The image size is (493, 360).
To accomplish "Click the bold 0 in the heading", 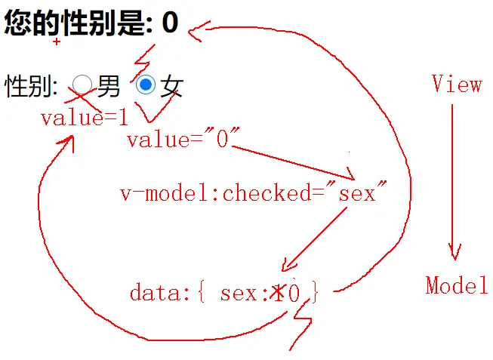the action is click(170, 23).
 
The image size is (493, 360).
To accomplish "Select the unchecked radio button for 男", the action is click(82, 85).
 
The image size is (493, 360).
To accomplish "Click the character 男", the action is click(109, 86).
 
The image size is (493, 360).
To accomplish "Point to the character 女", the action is click(171, 86).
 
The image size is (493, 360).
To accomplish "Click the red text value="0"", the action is click(183, 140).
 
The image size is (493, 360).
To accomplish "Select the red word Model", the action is click(456, 285).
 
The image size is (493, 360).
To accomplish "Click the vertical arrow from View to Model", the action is click(453, 181).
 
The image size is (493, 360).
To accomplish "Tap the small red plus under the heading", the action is click(57, 42).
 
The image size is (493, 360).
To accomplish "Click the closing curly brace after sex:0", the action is click(315, 293).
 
